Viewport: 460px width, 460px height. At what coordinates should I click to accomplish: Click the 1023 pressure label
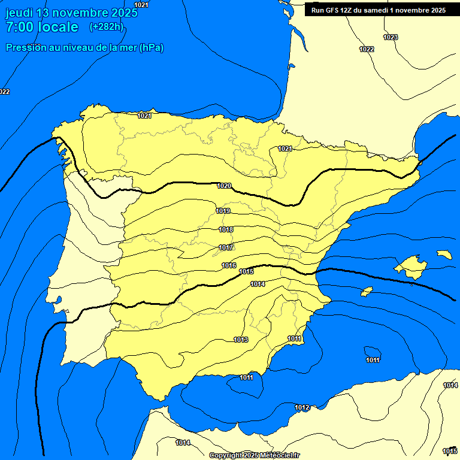point(391,37)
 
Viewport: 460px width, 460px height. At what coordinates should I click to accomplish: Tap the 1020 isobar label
point(224,186)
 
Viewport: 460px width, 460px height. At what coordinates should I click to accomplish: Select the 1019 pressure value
point(223,211)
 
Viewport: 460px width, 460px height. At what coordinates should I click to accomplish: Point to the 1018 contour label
point(226,229)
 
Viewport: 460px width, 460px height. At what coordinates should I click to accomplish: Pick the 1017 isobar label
point(226,247)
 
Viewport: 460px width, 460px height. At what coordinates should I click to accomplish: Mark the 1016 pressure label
point(229,265)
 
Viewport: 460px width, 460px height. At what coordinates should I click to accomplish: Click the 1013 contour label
point(241,340)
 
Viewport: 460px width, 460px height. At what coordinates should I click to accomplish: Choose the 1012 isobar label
point(302,407)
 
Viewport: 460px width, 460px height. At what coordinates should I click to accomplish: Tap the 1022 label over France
point(367,49)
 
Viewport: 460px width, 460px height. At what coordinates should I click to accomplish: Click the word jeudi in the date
point(19,13)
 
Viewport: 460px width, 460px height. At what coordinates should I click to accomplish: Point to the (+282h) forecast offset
point(106,27)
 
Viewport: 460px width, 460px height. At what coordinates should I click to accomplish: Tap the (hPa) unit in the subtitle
point(151,48)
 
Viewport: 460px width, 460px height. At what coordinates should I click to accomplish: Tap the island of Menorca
point(444,255)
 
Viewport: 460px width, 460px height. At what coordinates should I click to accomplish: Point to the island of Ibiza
point(367,291)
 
